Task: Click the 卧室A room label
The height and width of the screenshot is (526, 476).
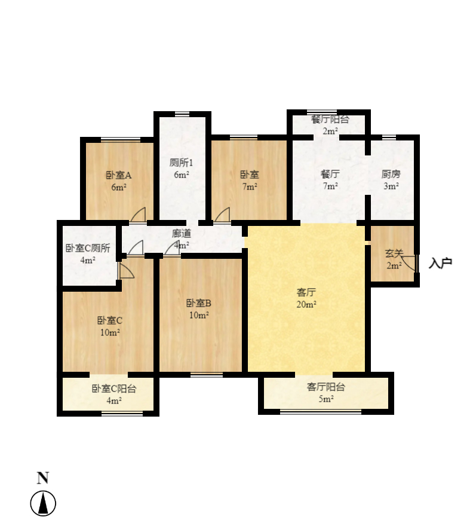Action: tap(118, 175)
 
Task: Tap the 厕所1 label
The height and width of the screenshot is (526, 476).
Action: tap(182, 163)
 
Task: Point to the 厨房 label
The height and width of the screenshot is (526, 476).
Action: tap(391, 175)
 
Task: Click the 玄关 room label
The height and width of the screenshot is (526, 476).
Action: tap(394, 253)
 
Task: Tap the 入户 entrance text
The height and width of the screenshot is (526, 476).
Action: tap(440, 263)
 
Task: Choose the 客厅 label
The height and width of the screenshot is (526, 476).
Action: tap(306, 293)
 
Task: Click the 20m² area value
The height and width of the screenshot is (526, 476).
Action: tap(306, 304)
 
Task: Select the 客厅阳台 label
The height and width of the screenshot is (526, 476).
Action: tap(325, 387)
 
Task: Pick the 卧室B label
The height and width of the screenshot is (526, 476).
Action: tap(199, 303)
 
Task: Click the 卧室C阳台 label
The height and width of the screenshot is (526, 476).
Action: tap(114, 389)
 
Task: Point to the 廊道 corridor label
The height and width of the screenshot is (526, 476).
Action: tap(182, 233)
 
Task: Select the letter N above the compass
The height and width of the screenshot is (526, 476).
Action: tap(43, 478)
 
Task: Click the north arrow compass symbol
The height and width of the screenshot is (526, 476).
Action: tap(43, 503)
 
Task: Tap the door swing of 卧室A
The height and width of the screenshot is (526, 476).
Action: tap(139, 214)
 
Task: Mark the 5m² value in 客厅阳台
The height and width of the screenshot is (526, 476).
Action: tap(325, 399)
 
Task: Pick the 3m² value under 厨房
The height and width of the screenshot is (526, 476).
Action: tap(391, 186)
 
